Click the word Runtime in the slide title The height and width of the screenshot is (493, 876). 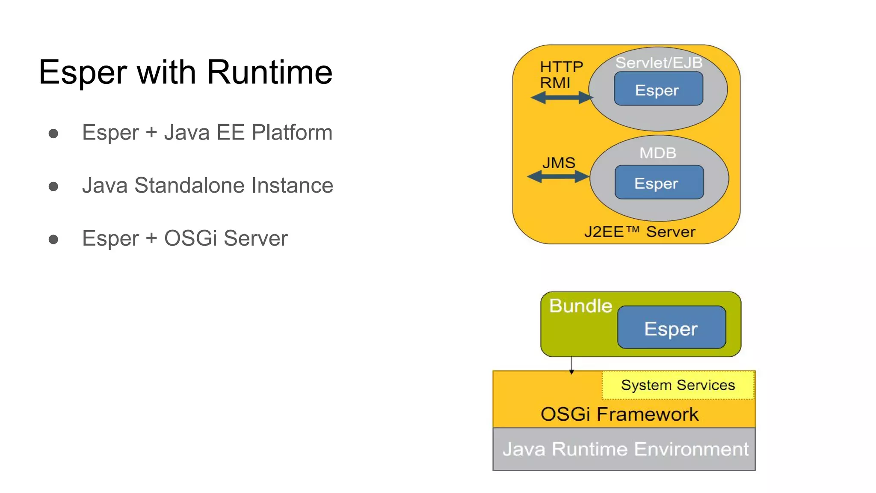pyautogui.click(x=269, y=72)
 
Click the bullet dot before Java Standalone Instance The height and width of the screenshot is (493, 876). pyautogui.click(x=53, y=187)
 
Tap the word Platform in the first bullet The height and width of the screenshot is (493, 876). pyautogui.click(x=292, y=133)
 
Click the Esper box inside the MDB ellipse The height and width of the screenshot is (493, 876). pyautogui.click(x=659, y=183)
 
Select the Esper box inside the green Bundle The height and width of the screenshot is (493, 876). pyautogui.click(x=671, y=328)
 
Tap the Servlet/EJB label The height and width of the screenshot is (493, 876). pyautogui.click(x=659, y=63)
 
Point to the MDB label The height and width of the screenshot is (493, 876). pyautogui.click(x=657, y=153)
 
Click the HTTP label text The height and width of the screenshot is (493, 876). pyautogui.click(x=561, y=67)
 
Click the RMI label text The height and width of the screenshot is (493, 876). pyautogui.click(x=555, y=83)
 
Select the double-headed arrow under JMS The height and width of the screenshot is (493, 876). pyautogui.click(x=558, y=176)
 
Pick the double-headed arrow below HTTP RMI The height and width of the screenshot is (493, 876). pyautogui.click(x=561, y=98)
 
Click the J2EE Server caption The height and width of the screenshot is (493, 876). pyautogui.click(x=639, y=232)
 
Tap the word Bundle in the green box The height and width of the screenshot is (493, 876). pyautogui.click(x=580, y=306)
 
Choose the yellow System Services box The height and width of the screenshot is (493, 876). pyautogui.click(x=678, y=385)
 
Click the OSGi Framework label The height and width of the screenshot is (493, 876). pyautogui.click(x=619, y=414)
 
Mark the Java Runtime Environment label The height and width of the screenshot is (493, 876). pyautogui.click(x=625, y=449)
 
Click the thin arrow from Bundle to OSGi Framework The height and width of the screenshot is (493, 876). pyautogui.click(x=571, y=364)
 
